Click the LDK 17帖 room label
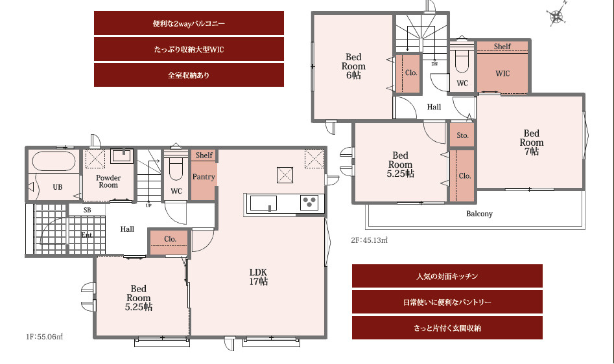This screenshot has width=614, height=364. (259, 277)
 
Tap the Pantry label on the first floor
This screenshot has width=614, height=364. (204, 177)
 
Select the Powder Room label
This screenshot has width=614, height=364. (108, 181)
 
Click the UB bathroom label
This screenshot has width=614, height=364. (58, 187)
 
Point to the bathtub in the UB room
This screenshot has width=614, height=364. (54, 161)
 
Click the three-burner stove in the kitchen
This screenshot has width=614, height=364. (309, 203)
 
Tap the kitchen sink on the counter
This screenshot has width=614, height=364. (263, 203)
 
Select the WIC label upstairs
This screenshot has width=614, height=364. (502, 73)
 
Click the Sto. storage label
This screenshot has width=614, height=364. (462, 135)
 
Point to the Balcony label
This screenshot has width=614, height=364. (479, 214)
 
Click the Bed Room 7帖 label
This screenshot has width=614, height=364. (532, 142)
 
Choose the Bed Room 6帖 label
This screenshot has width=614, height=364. (353, 66)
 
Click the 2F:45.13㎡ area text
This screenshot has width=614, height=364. (370, 240)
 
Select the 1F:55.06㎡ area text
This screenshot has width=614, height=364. (44, 337)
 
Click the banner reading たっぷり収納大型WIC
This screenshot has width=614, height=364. (189, 49)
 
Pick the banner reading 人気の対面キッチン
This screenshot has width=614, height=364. (447, 277)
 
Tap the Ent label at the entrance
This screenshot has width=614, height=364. (86, 234)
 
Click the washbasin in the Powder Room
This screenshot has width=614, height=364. (122, 156)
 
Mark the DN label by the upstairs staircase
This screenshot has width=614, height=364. (434, 63)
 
